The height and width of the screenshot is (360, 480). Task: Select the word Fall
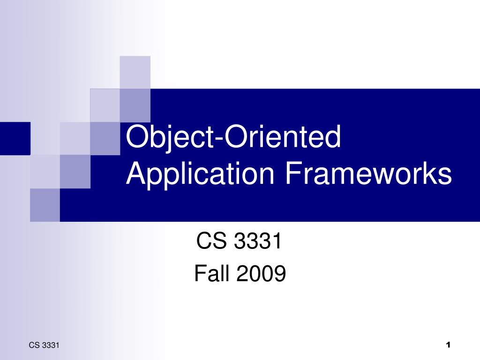pyautogui.click(x=213, y=274)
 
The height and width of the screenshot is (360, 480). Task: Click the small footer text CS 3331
pyautogui.click(x=44, y=346)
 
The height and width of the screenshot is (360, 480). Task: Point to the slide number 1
pyautogui.click(x=448, y=345)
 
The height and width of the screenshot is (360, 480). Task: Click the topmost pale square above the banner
pyautogui.click(x=135, y=72)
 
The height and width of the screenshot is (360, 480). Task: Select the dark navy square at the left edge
pyautogui.click(x=15, y=138)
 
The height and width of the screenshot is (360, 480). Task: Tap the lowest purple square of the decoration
pyautogui.click(x=45, y=205)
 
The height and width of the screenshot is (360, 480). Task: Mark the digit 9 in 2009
pyautogui.click(x=279, y=274)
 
